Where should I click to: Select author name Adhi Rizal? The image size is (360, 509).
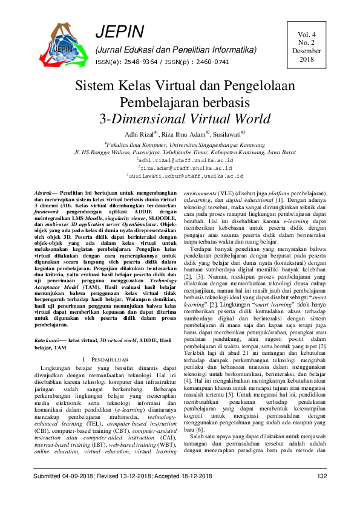pyautogui.click(x=139, y=134)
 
